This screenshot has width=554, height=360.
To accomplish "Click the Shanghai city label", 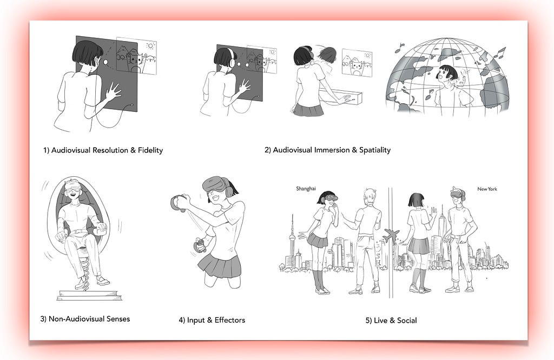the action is (x=306, y=189).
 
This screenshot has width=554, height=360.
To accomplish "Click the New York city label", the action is (x=487, y=189).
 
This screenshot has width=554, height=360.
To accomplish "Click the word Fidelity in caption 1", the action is (x=150, y=150).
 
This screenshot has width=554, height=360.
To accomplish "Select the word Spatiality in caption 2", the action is (x=375, y=150).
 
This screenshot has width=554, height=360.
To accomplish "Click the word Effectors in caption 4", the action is (x=229, y=320).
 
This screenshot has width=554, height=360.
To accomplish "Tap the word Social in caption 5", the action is (x=407, y=321).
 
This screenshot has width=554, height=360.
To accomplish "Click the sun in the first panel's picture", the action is (x=151, y=46).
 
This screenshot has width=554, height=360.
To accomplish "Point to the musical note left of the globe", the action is (x=399, y=48).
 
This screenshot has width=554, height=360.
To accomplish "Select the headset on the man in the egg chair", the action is (x=74, y=185).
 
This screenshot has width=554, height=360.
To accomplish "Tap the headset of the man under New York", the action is (x=458, y=194).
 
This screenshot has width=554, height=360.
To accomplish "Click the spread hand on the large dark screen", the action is (x=113, y=92).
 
